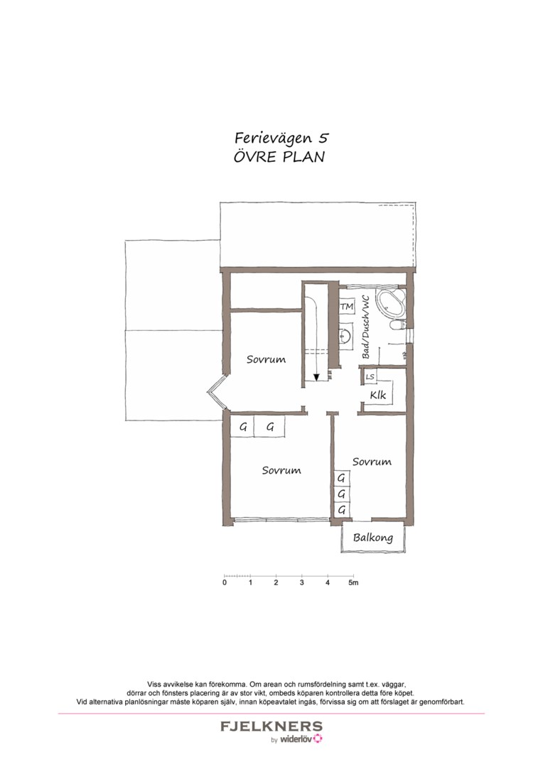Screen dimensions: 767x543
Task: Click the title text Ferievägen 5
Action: point(281,138)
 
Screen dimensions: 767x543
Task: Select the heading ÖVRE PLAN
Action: point(279,157)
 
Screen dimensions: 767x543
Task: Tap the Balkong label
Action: point(373,538)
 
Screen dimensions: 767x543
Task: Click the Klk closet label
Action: point(378,395)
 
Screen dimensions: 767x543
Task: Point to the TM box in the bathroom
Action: point(346,307)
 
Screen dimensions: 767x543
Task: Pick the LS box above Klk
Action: point(370,376)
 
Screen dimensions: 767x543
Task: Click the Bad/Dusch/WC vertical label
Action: point(365,326)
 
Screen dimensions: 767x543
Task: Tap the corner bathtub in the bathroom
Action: point(389,303)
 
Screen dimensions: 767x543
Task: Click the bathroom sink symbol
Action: point(345,335)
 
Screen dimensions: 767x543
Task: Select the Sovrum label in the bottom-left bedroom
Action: point(281,470)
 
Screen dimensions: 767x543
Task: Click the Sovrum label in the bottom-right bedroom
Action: point(372,462)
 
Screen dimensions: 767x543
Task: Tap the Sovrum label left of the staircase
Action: point(266,359)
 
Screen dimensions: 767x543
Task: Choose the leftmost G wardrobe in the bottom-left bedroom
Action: point(243,428)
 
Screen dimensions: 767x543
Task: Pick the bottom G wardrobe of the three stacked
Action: point(342,510)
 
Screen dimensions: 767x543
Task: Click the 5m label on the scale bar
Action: point(353,583)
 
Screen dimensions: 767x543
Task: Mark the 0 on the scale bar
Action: point(225,583)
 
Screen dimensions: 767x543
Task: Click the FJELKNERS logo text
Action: point(271,727)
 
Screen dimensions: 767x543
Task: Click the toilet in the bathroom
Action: point(398,325)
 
